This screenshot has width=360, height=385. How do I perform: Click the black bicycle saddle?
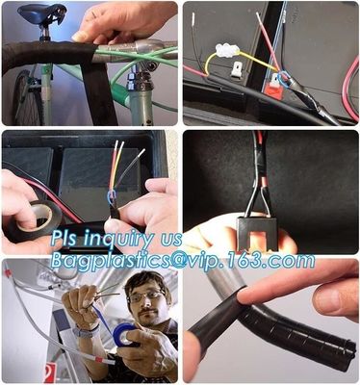click(39, 14)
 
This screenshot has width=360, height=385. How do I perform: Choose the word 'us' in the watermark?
click(170, 239)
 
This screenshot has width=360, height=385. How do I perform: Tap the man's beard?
click(145, 318)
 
